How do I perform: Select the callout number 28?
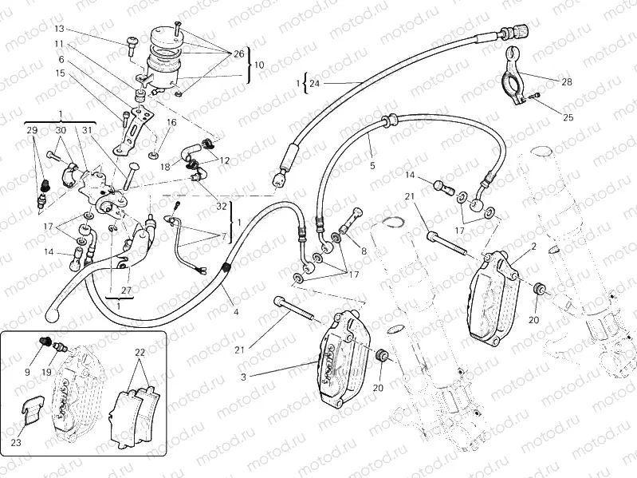[567, 82]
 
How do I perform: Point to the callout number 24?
[315, 82]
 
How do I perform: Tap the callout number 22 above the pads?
[140, 351]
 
